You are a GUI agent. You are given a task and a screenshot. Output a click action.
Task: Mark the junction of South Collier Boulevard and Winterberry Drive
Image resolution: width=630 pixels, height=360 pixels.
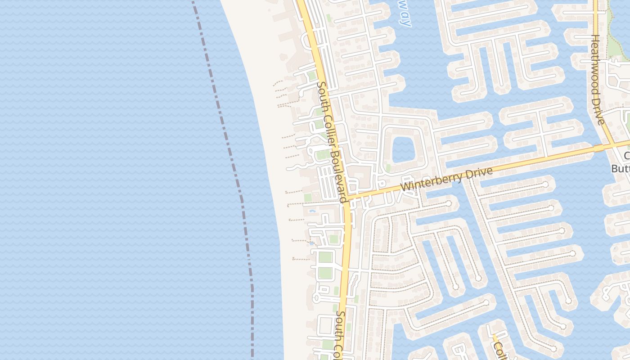point(347,198)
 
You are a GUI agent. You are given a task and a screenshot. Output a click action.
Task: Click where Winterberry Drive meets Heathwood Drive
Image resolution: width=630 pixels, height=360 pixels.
point(615,145)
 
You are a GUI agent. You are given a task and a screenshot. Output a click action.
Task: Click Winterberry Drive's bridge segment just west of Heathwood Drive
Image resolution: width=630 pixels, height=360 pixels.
point(598,148)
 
